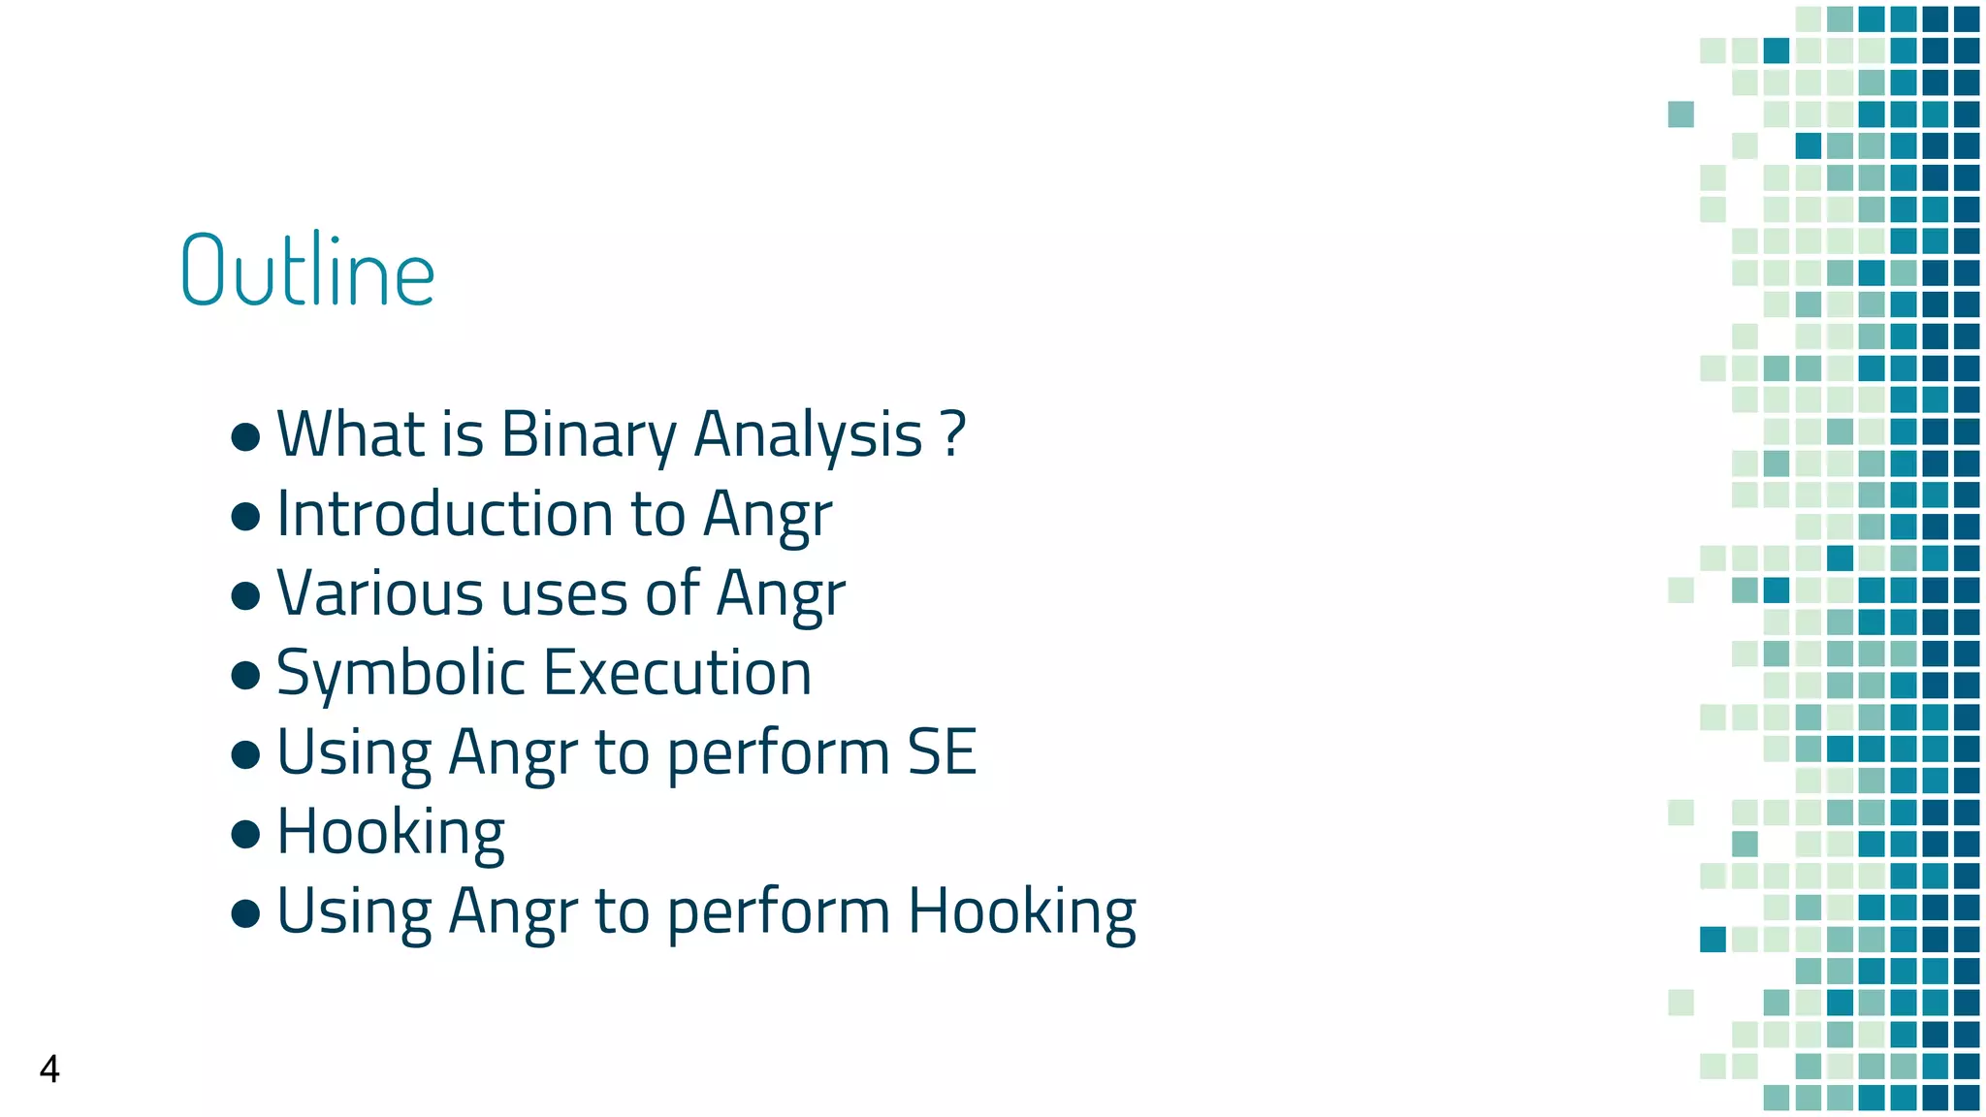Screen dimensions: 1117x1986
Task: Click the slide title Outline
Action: click(307, 271)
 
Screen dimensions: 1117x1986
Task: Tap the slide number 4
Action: click(49, 1069)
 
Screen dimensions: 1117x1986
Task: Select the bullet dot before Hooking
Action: click(246, 833)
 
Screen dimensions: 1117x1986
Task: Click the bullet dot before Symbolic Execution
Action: click(246, 674)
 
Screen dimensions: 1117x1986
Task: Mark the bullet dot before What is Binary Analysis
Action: click(246, 435)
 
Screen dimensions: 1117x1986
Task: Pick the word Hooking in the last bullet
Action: click(1022, 911)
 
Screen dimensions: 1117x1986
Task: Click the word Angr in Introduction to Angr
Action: click(768, 514)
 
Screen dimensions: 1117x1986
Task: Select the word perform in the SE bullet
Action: click(778, 753)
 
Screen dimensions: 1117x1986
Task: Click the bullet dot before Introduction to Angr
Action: click(246, 515)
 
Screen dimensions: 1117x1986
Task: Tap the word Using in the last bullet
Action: click(354, 911)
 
